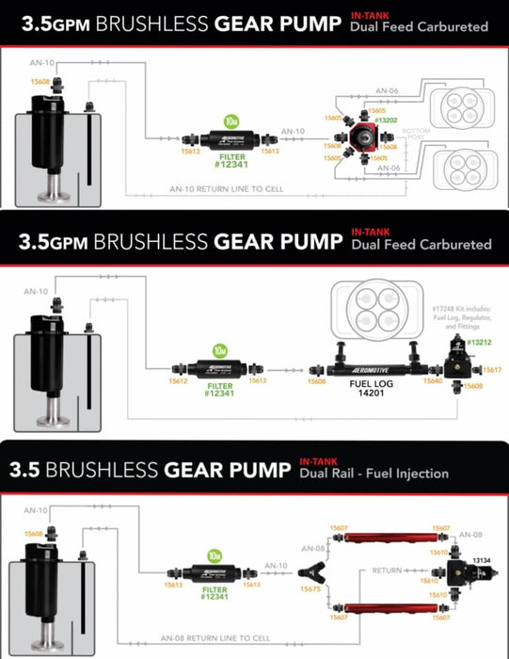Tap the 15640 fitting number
click(433, 381)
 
